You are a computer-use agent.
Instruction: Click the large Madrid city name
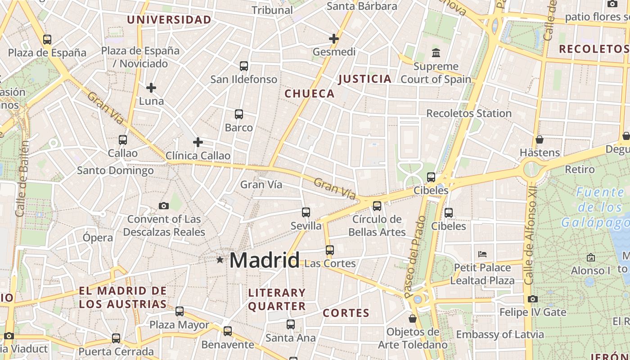tap(265, 260)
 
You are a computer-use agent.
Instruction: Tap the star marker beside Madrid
tap(220, 260)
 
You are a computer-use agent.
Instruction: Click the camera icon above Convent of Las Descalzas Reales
tap(164, 206)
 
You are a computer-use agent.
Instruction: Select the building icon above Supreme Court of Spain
tap(436, 53)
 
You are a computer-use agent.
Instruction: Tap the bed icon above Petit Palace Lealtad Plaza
tap(482, 254)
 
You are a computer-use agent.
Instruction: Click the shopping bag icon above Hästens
tap(539, 139)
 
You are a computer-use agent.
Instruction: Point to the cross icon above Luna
tap(151, 87)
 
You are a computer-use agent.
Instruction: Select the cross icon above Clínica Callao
tap(198, 142)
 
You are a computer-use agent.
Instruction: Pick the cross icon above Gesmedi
tap(333, 39)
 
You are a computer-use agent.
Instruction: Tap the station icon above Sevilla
tap(306, 212)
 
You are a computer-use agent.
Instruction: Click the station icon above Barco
tap(239, 114)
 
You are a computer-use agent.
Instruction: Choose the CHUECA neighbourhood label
tap(310, 94)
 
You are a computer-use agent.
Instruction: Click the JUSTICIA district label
tap(364, 79)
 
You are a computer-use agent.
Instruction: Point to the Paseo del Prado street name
tap(415, 256)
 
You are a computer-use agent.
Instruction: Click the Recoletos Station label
tap(469, 113)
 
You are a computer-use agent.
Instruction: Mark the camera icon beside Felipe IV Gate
tap(533, 299)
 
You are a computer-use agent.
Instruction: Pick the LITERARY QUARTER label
tap(277, 300)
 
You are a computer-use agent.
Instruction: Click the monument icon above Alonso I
tap(591, 257)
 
